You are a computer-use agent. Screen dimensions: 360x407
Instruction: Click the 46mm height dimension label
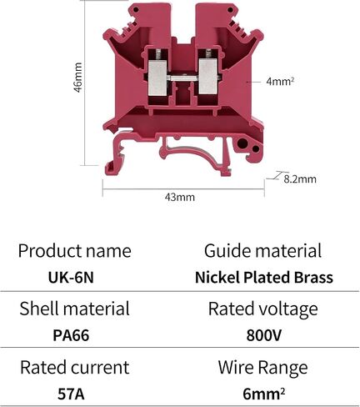78,78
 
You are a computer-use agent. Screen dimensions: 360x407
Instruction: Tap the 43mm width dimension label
180,197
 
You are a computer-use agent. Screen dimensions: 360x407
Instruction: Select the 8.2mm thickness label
300,178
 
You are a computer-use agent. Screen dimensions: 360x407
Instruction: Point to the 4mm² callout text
280,82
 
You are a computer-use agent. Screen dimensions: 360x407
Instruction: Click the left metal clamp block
157,78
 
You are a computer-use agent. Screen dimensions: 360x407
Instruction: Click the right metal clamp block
207,77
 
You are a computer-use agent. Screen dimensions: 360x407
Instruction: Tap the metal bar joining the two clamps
182,78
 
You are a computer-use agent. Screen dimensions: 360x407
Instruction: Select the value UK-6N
71,277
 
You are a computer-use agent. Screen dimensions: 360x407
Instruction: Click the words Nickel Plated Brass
264,277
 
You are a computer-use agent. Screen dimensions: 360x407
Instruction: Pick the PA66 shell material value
71,335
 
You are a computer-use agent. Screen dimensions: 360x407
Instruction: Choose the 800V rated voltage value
264,335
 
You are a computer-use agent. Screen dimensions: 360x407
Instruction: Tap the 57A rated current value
71,394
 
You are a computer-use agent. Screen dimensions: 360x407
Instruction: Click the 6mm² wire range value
264,394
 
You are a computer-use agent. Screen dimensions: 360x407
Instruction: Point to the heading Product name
74,250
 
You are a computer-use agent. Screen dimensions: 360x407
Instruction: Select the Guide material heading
262,250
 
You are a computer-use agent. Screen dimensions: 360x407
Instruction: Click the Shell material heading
74,309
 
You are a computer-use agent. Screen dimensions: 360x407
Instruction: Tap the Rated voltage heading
262,309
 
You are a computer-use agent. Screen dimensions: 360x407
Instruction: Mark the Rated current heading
74,367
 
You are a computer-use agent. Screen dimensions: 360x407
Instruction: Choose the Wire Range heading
262,368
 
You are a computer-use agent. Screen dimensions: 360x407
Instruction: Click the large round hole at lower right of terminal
242,143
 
